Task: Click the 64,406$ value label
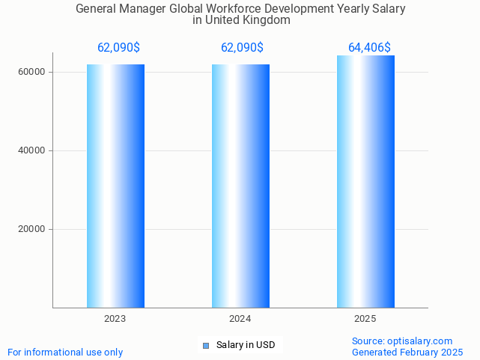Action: point(369,48)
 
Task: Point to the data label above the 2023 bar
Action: point(118,48)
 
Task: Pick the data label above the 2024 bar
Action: point(242,48)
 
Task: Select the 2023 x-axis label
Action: point(115,319)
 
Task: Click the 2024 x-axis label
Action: point(240,319)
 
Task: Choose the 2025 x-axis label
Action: point(365,319)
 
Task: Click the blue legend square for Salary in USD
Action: point(207,345)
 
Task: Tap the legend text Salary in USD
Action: point(246,345)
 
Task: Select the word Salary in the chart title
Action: point(388,9)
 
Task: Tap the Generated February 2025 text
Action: point(407,352)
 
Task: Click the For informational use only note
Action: point(65,352)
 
